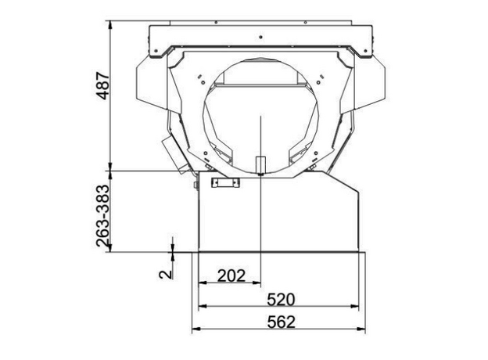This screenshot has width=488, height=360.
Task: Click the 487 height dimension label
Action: click(103, 86)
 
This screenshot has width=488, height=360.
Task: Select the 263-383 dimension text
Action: click(103, 216)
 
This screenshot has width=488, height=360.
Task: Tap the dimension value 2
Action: click(165, 274)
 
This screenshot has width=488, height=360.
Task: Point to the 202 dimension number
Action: click(231, 275)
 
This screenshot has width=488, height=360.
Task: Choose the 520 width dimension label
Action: click(281, 300)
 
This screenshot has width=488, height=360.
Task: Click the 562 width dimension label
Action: click(281, 322)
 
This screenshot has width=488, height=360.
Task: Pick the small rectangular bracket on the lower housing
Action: click(226, 182)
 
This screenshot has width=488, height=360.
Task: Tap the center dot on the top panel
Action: click(260, 37)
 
